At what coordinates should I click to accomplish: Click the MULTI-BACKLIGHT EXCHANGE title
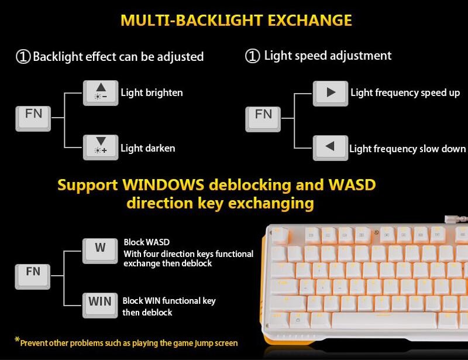pos(236,20)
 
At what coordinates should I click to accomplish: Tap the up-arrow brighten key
pos(101,92)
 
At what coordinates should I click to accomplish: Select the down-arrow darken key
pos(101,147)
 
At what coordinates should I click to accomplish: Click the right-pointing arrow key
pos(331,93)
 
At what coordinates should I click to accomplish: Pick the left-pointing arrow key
pos(331,148)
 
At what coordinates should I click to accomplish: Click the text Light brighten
pos(152,92)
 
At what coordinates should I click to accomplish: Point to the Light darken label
pos(147,148)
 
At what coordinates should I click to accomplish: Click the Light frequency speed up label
pos(405,92)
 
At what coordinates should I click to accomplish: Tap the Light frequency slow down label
pos(407,149)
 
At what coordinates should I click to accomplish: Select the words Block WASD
pos(146,242)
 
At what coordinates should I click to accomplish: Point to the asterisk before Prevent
pos(17,340)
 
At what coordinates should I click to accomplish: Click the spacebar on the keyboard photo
pos(384,320)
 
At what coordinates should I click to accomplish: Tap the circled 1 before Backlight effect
pos(23,57)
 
